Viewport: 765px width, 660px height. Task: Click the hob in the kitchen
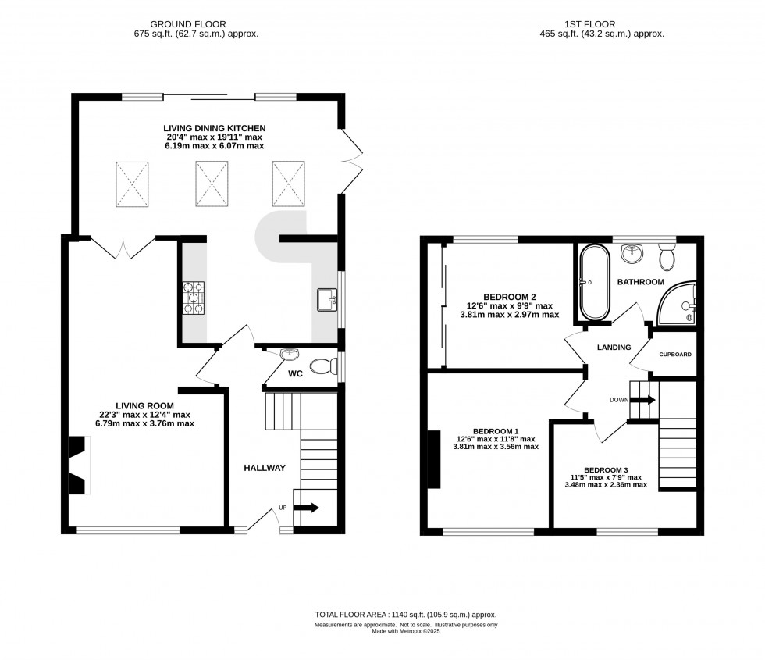[194, 298]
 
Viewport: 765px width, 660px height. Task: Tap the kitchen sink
[327, 299]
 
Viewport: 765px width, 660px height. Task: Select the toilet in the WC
[323, 366]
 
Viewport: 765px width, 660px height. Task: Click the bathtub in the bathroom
[594, 282]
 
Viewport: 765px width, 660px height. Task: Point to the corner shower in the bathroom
[678, 303]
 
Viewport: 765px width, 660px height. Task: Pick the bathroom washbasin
[633, 253]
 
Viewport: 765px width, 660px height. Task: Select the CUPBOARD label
[675, 355]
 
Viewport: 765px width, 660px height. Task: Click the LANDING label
[614, 348]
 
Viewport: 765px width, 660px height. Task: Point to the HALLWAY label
[265, 468]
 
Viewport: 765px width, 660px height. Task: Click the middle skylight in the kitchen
[212, 184]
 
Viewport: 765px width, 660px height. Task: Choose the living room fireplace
[78, 466]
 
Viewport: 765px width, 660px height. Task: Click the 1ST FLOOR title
[590, 24]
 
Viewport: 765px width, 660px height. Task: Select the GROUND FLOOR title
[188, 24]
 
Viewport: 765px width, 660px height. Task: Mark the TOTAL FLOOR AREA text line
[405, 615]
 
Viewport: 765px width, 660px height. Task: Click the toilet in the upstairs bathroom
[666, 257]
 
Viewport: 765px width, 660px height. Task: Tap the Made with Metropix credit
[406, 631]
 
